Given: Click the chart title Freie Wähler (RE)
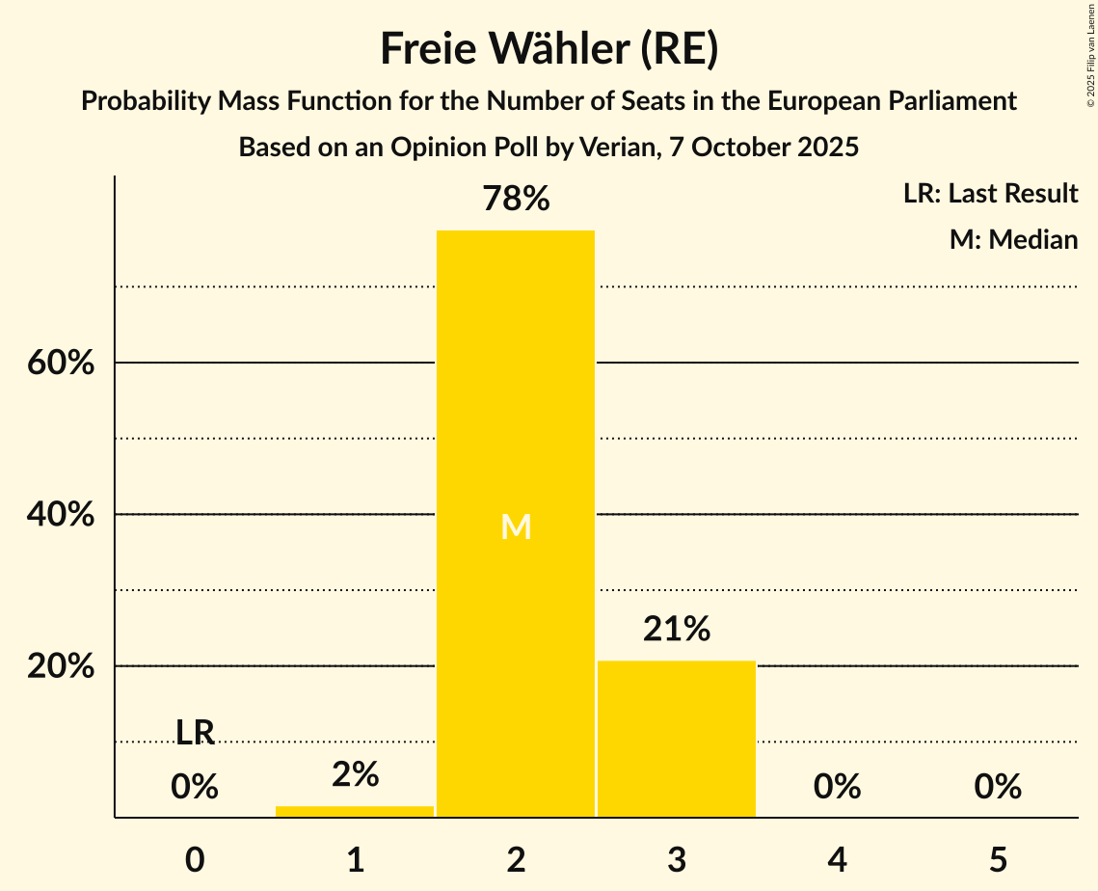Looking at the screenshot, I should point(549,49).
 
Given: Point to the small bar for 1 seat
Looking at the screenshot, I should point(355,811).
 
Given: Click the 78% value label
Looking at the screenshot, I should point(516,200).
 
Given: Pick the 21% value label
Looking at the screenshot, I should point(677,630).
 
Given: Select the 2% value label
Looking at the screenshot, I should point(355,774).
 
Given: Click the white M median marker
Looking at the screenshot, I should point(516,526).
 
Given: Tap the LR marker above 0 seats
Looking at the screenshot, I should point(195,733).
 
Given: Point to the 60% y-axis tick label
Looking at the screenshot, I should point(61,364).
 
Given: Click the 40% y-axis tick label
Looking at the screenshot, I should point(61,515).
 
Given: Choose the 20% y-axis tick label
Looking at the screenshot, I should point(61,666).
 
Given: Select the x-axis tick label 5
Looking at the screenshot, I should point(998,859).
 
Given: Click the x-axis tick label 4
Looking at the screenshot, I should point(837,859).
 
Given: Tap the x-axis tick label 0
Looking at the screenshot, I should point(195,859).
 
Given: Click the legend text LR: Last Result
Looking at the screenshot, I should point(990,194).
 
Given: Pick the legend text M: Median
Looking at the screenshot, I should point(1013,239).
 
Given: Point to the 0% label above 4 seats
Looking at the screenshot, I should point(837,787).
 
